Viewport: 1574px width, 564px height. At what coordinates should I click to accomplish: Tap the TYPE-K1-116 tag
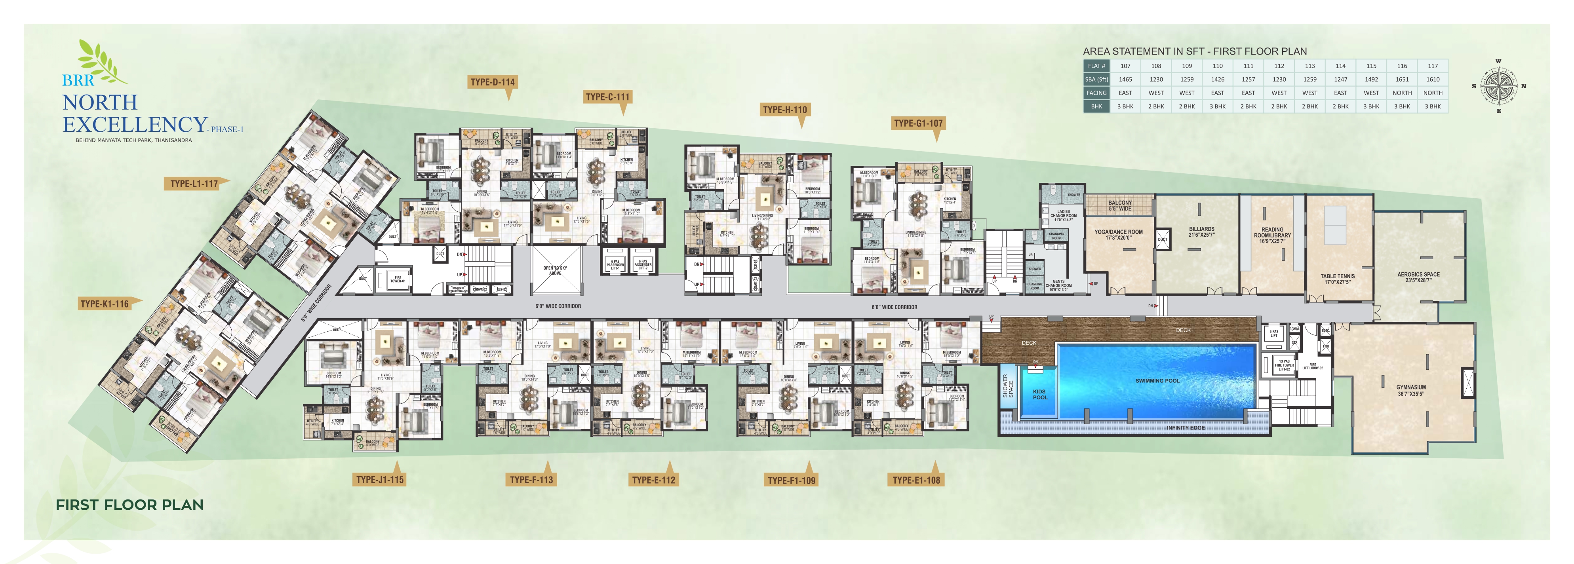click(105, 304)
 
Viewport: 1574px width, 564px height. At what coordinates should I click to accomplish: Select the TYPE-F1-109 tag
click(791, 480)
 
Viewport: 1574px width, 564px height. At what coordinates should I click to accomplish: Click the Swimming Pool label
click(1157, 381)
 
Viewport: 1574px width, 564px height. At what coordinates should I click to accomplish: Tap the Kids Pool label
click(1039, 395)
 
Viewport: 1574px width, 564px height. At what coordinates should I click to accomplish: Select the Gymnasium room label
click(1411, 390)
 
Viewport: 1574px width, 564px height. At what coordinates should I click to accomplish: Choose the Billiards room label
click(1201, 232)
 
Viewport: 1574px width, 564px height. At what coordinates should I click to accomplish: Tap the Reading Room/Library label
click(1272, 235)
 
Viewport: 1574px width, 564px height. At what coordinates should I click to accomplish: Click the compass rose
click(1498, 86)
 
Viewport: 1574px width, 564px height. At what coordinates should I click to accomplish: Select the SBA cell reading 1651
click(1402, 80)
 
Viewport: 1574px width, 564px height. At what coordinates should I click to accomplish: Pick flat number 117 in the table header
click(1432, 66)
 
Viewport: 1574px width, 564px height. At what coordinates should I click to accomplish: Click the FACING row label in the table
click(1096, 93)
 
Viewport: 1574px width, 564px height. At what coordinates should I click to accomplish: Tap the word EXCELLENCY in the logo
click(135, 125)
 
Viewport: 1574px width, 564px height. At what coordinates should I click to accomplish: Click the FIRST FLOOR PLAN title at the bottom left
click(129, 505)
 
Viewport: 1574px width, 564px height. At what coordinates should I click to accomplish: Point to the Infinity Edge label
click(1186, 428)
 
